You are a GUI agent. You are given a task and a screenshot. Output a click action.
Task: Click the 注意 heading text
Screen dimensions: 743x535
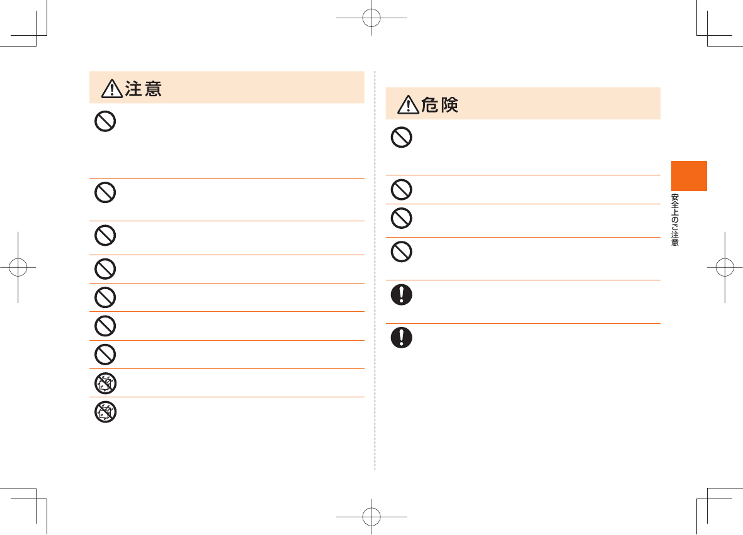click(144, 89)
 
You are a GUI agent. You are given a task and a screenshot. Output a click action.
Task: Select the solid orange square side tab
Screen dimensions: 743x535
click(689, 176)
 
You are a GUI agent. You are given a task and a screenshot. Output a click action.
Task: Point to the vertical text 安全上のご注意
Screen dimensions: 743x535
click(675, 219)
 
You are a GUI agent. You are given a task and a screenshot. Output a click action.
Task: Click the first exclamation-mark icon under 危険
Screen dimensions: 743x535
click(402, 295)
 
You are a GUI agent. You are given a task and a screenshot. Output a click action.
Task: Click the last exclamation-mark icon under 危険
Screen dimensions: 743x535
click(402, 338)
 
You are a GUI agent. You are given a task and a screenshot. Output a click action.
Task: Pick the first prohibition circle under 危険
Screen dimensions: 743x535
click(402, 137)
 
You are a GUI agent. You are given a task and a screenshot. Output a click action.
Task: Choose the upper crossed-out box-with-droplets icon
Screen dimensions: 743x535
click(105, 383)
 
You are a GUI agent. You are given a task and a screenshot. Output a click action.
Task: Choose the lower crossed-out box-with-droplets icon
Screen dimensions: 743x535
click(105, 412)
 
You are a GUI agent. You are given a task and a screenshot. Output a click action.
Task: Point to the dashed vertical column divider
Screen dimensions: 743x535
click(375, 270)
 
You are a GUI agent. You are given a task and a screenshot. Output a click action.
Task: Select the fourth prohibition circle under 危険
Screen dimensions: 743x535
click(402, 252)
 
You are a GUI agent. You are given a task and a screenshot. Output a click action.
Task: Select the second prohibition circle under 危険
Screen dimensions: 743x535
click(402, 189)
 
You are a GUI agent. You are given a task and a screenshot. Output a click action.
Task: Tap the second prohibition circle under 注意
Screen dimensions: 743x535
click(105, 192)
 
